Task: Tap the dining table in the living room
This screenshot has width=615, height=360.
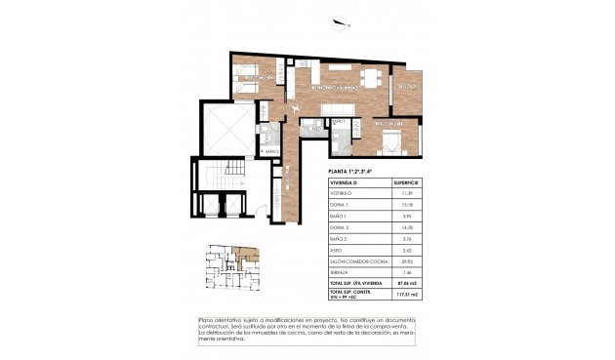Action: (369, 78)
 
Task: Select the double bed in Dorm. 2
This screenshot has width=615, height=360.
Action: (389, 142)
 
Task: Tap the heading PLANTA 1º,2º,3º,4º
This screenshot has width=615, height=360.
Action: (355, 172)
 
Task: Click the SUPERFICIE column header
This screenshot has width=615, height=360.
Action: (407, 181)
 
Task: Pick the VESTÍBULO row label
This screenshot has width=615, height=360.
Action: (343, 194)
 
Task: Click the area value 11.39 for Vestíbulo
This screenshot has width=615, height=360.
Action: (407, 194)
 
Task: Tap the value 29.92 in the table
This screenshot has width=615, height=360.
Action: (407, 261)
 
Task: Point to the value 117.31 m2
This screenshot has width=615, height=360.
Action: (408, 294)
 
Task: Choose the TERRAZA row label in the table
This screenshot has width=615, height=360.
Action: (342, 272)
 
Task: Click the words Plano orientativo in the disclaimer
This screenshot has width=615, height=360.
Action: (221, 319)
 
